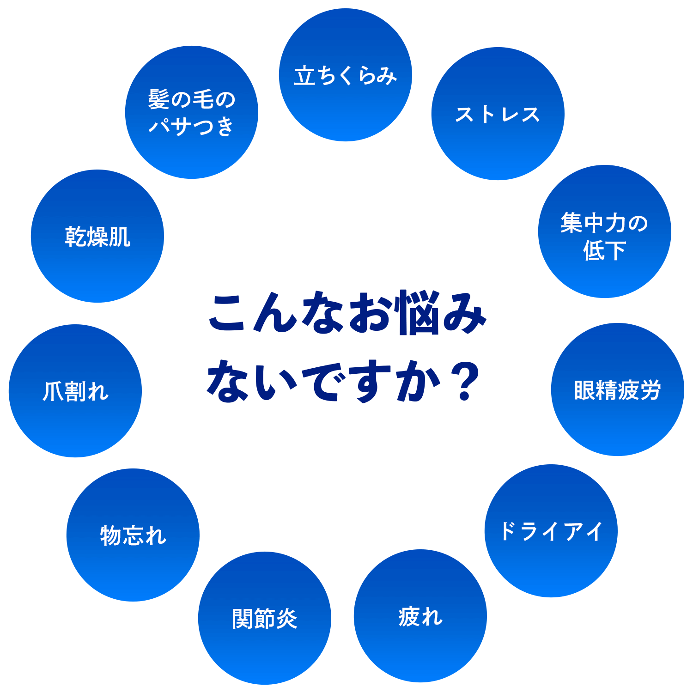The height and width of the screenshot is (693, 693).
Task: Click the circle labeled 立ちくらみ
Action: point(345,75)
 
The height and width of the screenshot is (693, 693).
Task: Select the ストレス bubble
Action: point(498,114)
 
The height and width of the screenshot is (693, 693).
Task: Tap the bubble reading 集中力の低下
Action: point(604,231)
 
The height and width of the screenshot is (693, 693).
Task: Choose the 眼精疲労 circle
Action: point(617,389)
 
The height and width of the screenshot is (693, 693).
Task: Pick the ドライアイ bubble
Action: point(551,531)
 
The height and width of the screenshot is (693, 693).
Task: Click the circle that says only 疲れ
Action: point(420,616)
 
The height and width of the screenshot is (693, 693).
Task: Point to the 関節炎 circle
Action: point(264,618)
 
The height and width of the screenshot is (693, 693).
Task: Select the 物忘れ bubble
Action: point(133,535)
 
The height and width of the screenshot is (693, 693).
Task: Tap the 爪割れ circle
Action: point(75,391)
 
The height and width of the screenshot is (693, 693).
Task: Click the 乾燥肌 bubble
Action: point(97,236)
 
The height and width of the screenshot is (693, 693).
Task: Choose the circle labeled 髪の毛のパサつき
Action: point(191,112)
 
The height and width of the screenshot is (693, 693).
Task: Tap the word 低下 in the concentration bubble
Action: point(604,250)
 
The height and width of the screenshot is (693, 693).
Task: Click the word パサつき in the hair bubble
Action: point(191,126)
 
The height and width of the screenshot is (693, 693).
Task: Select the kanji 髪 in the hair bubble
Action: point(159,99)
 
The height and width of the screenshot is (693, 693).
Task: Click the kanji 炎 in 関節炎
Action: point(286,619)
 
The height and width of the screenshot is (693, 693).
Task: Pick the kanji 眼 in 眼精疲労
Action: point(585,390)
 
